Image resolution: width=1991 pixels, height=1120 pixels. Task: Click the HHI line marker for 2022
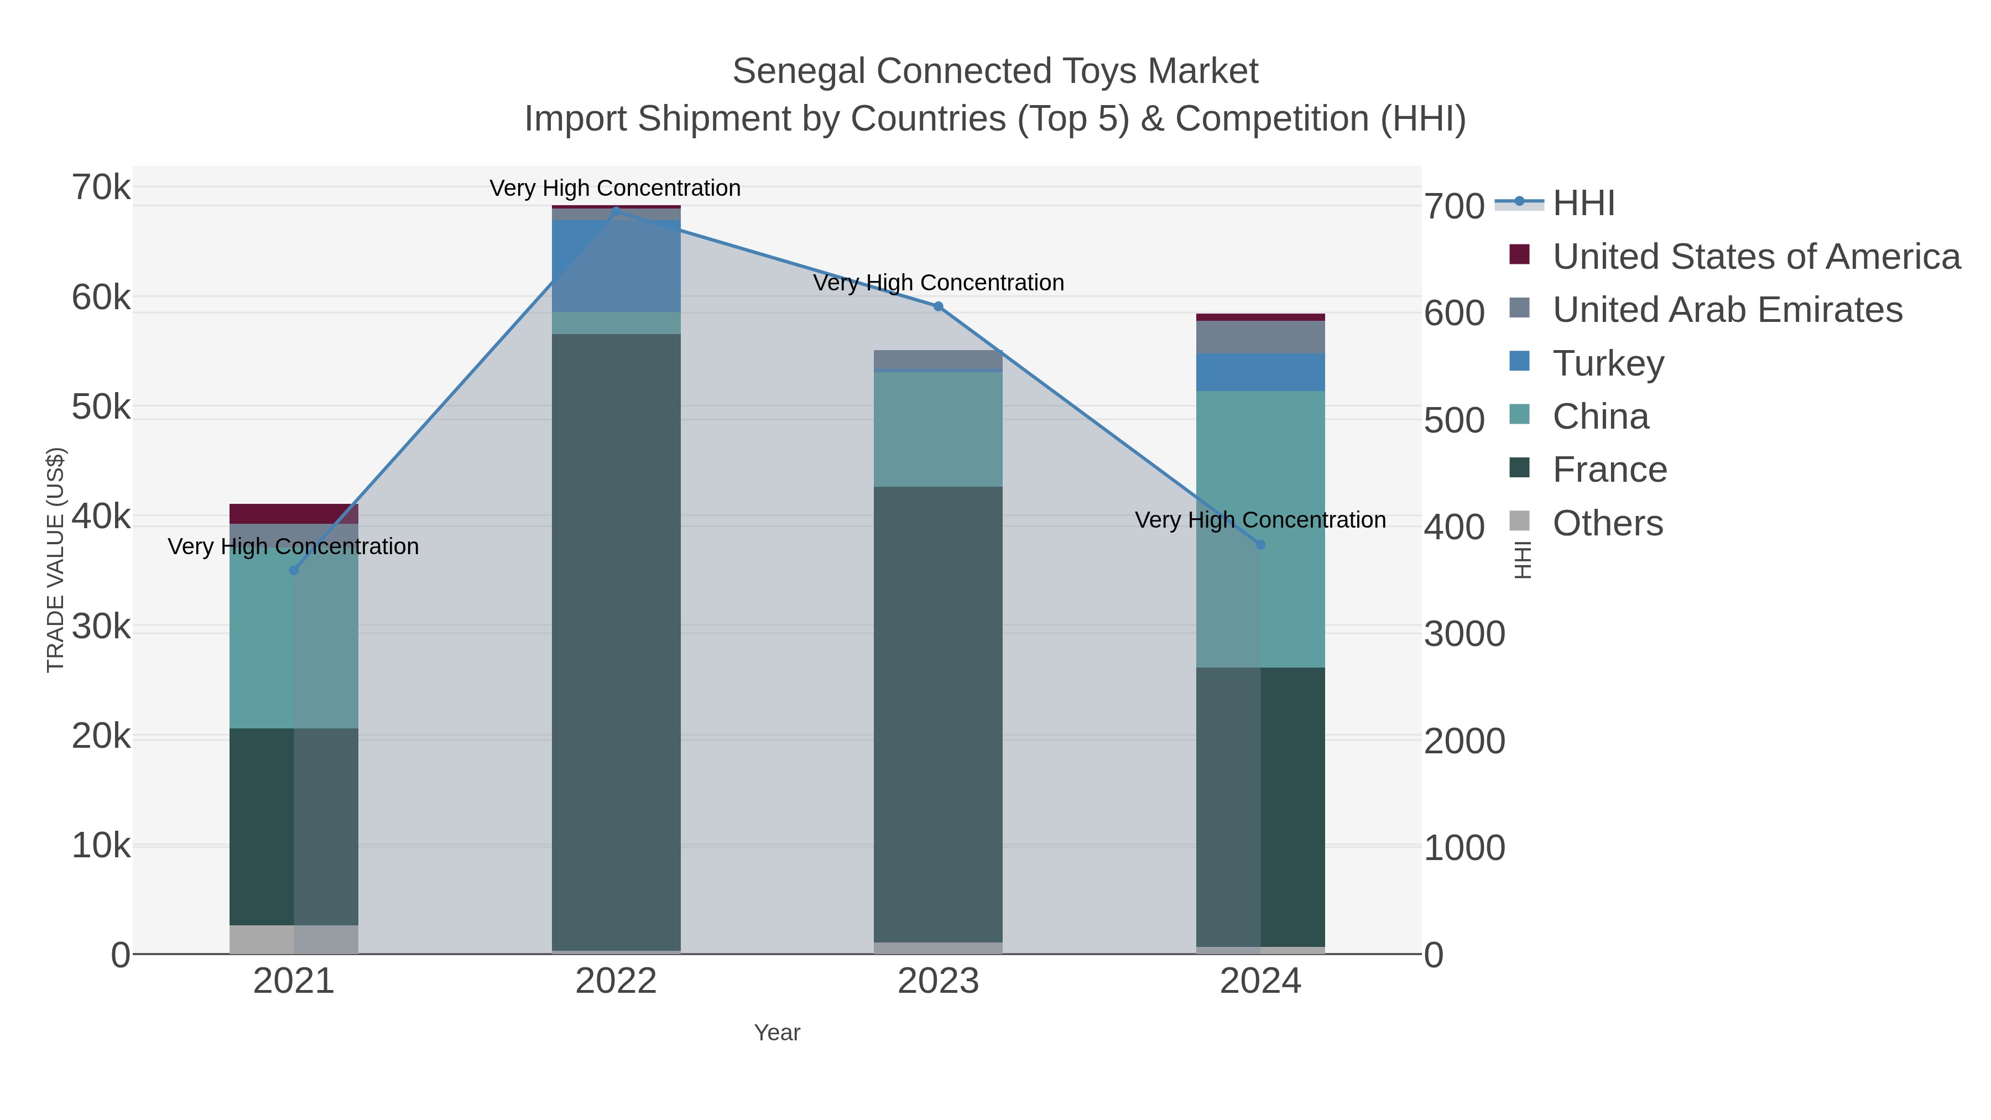click(x=615, y=210)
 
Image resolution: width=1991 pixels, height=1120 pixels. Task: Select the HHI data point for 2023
click(x=939, y=306)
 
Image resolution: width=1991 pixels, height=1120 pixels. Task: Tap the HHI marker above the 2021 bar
click(x=294, y=570)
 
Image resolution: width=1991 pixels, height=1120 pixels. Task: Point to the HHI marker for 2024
click(x=1260, y=545)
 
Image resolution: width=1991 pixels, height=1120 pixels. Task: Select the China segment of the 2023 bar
click(x=939, y=429)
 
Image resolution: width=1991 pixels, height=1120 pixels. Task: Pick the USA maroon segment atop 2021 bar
click(x=294, y=513)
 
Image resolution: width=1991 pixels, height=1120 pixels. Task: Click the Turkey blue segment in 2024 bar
click(x=1260, y=372)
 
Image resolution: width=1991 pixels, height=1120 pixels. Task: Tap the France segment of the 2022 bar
click(x=616, y=642)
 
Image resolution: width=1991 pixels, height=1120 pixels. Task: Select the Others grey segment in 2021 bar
click(x=294, y=939)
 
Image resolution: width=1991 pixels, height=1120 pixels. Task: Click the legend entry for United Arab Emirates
click(x=1727, y=310)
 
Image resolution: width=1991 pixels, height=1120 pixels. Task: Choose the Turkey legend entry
click(x=1608, y=363)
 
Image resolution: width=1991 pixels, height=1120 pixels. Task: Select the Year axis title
click(x=777, y=1033)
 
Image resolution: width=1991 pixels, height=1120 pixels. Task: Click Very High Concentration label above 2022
click(x=615, y=188)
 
